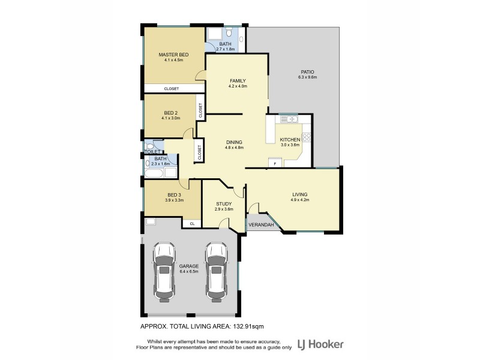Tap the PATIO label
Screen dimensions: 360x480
coord(308,71)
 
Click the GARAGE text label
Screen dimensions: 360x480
coord(188,266)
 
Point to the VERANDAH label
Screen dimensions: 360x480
coord(262,225)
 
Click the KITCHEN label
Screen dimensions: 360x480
coord(290,139)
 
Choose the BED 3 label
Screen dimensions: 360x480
coord(174,194)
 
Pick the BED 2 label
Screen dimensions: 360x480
coord(170,113)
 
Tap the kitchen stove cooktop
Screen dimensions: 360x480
coord(306,138)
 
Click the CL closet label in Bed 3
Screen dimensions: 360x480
coord(192,223)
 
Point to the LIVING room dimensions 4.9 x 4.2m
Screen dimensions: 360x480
coord(299,200)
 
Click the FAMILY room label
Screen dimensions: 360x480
coord(238,80)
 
